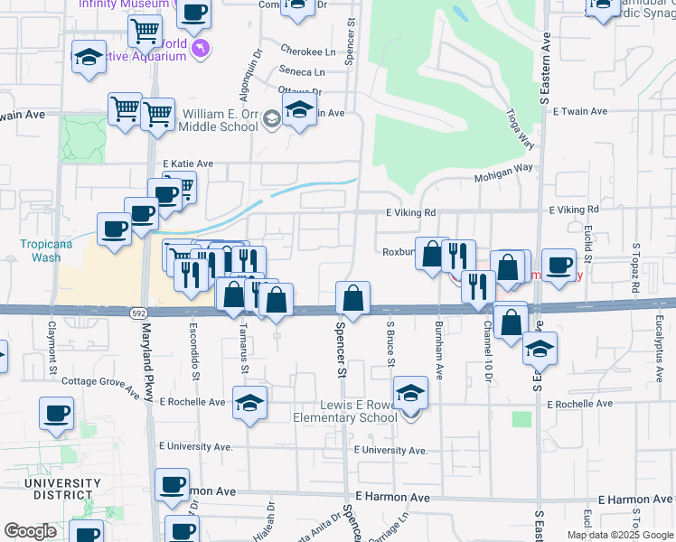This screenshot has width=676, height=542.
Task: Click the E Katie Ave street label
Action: coord(187,164)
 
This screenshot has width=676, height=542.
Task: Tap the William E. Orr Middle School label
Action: coord(218,120)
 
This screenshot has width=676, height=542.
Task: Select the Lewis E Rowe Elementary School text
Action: coord(345,411)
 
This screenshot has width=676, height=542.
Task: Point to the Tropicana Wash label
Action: coord(41,251)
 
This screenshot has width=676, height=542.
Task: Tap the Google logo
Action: coord(30,531)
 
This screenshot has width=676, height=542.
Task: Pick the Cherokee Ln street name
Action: coord(302,51)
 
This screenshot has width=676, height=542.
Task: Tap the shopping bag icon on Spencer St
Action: coord(352,296)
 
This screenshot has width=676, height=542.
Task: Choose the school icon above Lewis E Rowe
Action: coord(410,392)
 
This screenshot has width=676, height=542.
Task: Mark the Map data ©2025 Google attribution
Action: coord(619,535)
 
